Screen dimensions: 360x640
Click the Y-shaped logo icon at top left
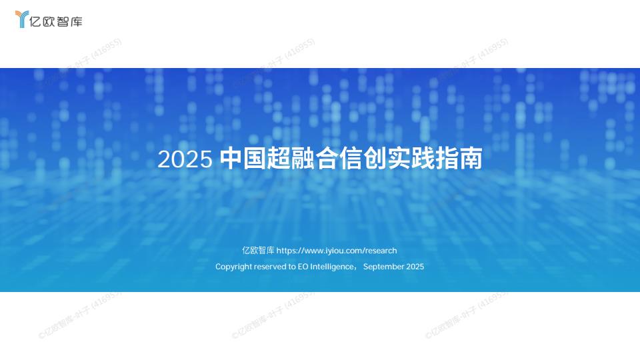21,20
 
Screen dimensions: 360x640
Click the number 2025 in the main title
185,160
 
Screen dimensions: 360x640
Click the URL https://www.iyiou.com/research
337,251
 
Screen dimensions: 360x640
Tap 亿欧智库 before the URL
258,251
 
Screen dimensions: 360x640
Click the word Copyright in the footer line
234,267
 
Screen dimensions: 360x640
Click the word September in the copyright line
383,267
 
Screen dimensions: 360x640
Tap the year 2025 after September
415,267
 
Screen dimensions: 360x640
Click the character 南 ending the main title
472,160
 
